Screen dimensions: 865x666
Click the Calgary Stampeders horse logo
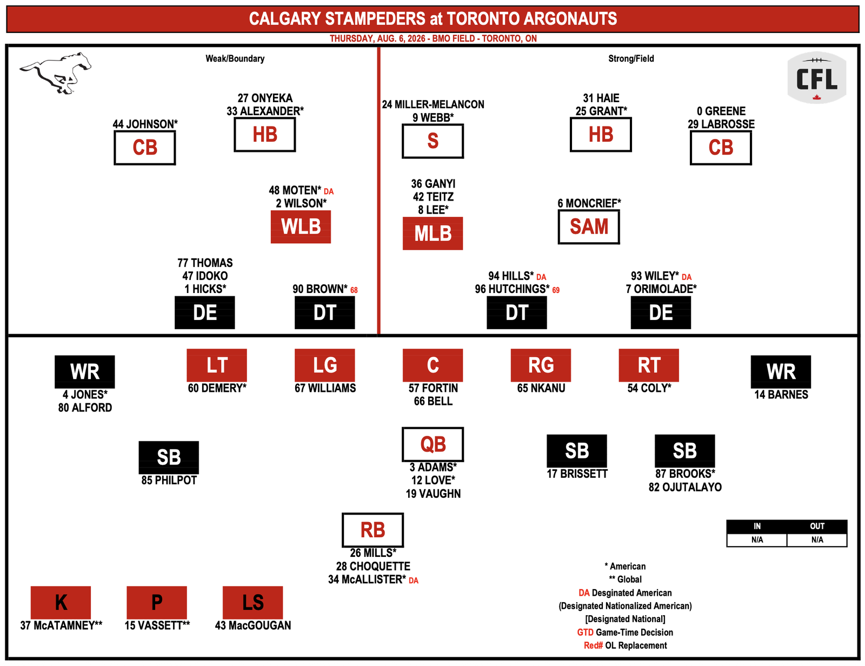pos(55,73)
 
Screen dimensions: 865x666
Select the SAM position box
pos(589,227)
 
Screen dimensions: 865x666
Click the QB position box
pos(432,444)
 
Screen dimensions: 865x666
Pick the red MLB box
pos(432,234)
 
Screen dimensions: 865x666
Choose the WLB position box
pos(301,227)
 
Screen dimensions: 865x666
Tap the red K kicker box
pos(61,602)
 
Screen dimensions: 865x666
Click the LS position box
pos(253,602)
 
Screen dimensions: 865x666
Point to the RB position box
pos(372,530)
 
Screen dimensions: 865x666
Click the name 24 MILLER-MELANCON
pos(433,105)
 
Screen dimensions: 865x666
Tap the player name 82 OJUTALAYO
pos(684,488)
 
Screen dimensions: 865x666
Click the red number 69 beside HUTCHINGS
pos(556,290)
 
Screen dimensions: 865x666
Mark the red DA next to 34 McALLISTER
pos(414,581)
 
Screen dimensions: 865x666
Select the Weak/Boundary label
pos(235,58)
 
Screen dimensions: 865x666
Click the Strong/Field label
pos(631,58)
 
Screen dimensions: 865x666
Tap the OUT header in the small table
pos(817,527)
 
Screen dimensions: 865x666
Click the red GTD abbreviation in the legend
pos(585,632)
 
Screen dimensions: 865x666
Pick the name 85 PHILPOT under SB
pos(169,481)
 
